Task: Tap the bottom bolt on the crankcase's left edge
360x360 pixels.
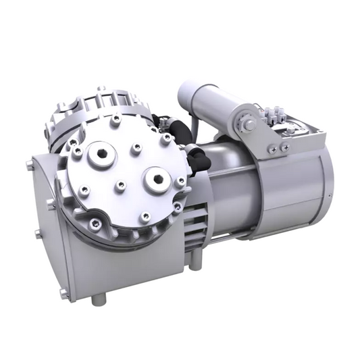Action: pyautogui.click(x=63, y=294)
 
